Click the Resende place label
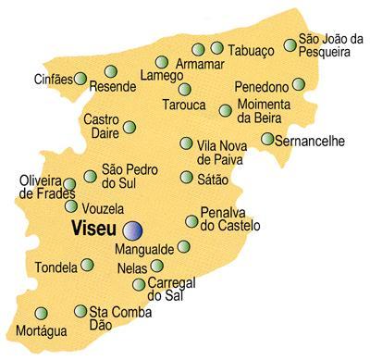(x=113, y=87)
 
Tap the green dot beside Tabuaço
(x=216, y=48)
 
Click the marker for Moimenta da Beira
(x=226, y=111)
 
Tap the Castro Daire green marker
(x=130, y=127)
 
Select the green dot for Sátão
(x=187, y=177)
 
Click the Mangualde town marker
(x=183, y=246)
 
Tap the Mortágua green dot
(x=41, y=313)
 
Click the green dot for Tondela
(x=87, y=265)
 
